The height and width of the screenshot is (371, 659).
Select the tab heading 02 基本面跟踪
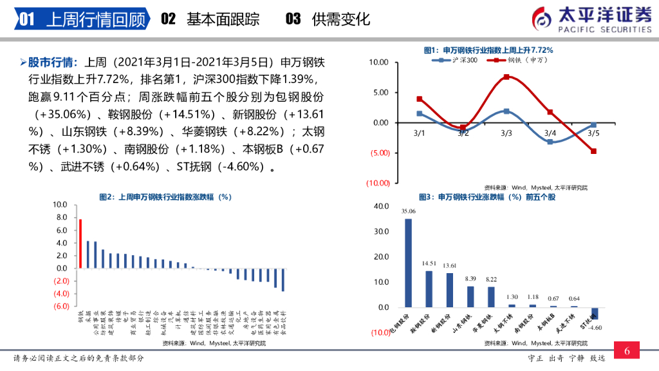(210, 19)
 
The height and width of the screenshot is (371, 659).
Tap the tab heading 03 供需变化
(328, 19)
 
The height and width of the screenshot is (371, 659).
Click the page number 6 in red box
(627, 351)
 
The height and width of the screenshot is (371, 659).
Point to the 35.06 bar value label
(408, 211)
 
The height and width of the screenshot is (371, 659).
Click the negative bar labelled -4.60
(595, 313)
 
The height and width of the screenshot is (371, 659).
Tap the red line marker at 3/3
(506, 77)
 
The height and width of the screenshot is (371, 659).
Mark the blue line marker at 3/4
(550, 142)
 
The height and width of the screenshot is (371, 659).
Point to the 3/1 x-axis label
(420, 133)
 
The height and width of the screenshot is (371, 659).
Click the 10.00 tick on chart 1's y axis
(380, 62)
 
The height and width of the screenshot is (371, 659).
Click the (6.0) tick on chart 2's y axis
(61, 306)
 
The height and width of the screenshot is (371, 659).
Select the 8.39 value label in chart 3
(470, 278)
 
